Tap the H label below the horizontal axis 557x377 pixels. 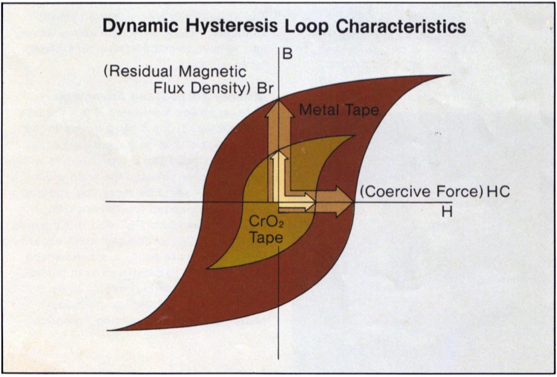point(447,212)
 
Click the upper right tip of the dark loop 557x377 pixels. point(450,75)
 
